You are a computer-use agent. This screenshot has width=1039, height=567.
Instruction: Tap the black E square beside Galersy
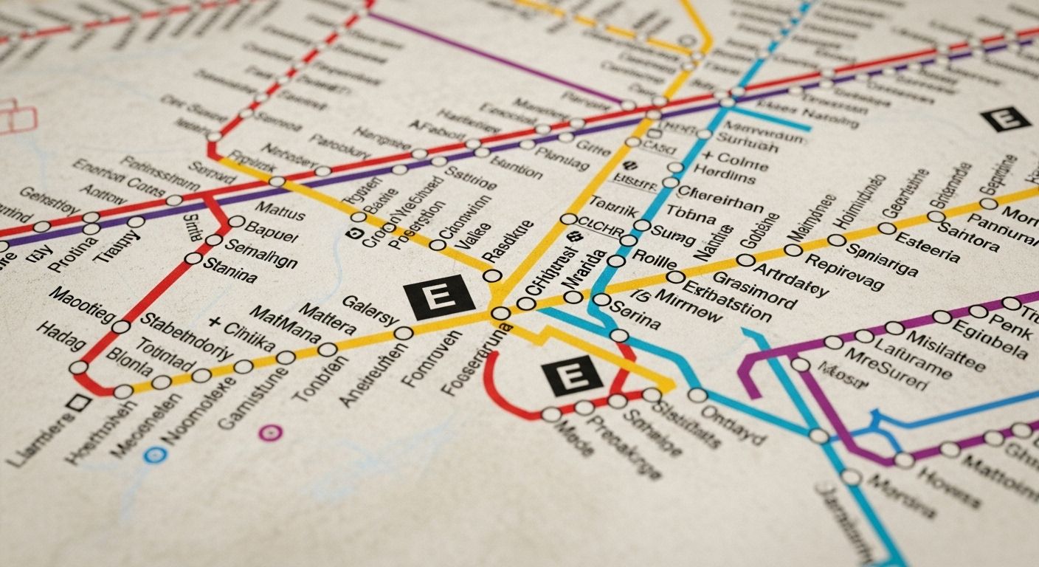[x=440, y=297]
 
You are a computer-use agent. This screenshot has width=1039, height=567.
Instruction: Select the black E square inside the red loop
[x=572, y=376]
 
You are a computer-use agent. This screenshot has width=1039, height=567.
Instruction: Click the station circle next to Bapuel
[x=237, y=221]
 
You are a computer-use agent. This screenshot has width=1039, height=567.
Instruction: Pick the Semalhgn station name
[x=260, y=253]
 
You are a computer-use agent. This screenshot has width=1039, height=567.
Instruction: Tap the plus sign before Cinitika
[x=215, y=323]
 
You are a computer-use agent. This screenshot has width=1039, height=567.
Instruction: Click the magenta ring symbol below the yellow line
[x=271, y=432]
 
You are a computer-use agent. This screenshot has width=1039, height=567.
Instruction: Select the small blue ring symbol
[x=153, y=455]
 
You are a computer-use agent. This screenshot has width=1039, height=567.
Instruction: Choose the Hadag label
[x=61, y=338]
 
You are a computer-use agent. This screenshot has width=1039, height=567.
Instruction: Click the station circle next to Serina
[x=601, y=300]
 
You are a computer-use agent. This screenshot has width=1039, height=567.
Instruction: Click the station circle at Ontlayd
[x=697, y=395]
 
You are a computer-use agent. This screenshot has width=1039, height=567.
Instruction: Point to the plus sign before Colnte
[x=708, y=157]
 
